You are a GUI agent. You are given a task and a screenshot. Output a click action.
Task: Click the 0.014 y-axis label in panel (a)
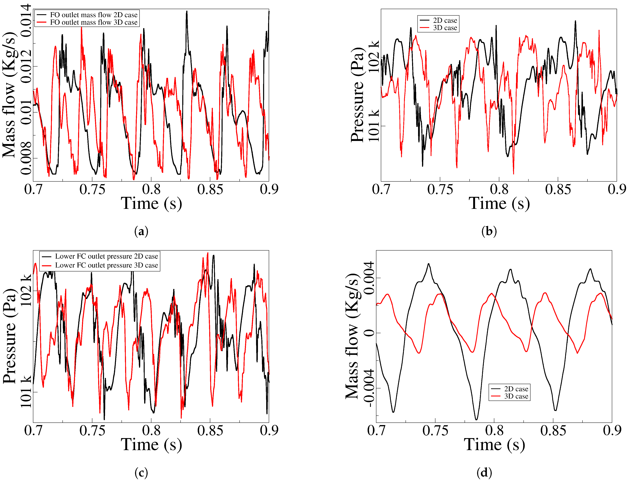click(26, 21)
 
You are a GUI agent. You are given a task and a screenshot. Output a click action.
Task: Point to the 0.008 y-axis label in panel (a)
click(26, 158)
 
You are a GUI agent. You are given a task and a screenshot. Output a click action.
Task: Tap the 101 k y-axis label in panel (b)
click(374, 126)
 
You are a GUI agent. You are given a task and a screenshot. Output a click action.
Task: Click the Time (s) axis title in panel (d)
click(494, 445)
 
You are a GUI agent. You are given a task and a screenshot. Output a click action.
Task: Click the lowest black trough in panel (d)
click(476, 419)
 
